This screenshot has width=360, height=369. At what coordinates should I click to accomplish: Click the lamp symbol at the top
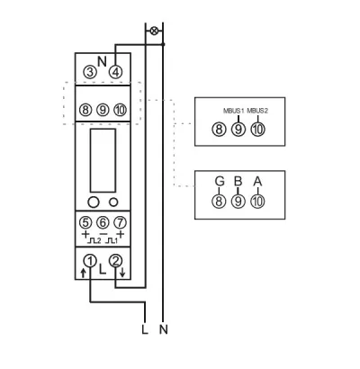[154, 31]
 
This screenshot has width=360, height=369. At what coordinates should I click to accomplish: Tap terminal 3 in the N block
[90, 72]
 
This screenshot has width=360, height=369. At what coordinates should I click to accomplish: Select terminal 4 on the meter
[115, 72]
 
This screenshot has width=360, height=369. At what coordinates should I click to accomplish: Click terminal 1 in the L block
[90, 261]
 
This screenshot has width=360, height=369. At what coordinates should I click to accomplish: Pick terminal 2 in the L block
[115, 261]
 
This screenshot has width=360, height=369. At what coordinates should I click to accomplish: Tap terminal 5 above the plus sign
[85, 222]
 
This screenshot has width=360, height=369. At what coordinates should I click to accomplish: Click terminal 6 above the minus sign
[103, 222]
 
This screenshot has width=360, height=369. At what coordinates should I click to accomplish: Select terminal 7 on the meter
[121, 222]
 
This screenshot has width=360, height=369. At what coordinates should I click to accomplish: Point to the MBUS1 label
[233, 111]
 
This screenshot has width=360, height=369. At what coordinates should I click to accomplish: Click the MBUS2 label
[257, 111]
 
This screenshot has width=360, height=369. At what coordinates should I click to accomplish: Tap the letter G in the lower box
[220, 181]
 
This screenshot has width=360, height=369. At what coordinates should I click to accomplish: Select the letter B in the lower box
[238, 181]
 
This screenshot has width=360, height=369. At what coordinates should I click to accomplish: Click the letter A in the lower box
[257, 181]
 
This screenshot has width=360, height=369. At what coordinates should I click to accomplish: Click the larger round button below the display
[94, 202]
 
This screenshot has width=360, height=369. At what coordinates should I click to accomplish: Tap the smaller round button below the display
[113, 202]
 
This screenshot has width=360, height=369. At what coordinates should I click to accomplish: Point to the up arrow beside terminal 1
[84, 273]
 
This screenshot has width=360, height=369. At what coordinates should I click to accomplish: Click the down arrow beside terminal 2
[122, 273]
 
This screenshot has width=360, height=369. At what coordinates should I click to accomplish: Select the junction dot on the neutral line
[163, 44]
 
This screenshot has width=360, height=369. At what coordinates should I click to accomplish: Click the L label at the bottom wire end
[145, 329]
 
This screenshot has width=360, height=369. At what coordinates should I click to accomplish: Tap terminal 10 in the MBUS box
[257, 130]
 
